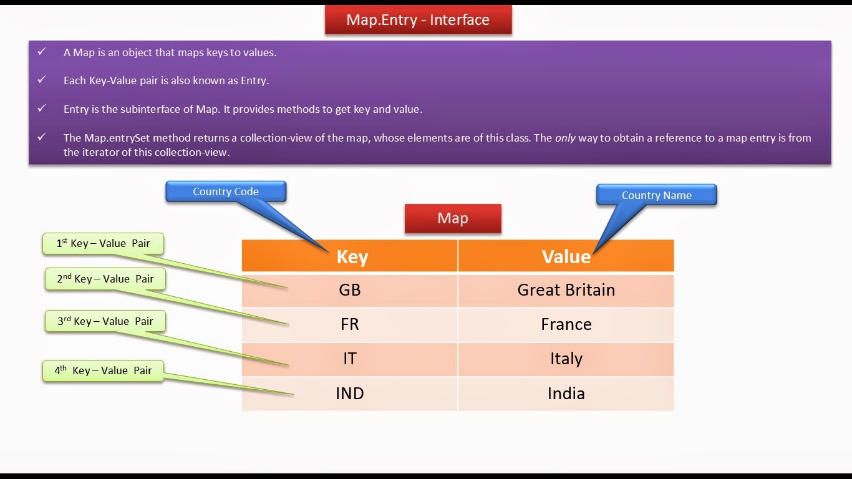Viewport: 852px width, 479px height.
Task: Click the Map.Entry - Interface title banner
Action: (x=418, y=20)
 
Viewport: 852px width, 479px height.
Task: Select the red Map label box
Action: (x=453, y=218)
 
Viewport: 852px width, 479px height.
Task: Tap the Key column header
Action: (x=352, y=257)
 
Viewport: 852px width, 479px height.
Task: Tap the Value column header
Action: (x=566, y=257)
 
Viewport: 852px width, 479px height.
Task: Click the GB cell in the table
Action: (x=350, y=290)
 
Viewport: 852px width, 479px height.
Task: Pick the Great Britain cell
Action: (x=566, y=290)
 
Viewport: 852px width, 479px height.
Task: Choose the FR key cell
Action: (x=350, y=324)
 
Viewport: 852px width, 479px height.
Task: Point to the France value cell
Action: (x=566, y=324)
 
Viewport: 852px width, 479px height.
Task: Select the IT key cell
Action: (x=350, y=359)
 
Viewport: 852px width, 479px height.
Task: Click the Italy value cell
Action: (x=566, y=359)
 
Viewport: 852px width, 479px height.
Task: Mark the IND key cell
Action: (x=350, y=394)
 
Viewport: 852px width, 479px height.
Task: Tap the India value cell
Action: (x=566, y=394)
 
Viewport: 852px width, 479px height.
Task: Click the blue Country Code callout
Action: (x=226, y=191)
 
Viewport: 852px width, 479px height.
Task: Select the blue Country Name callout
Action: (x=656, y=195)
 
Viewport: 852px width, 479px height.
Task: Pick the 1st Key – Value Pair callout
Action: (x=104, y=243)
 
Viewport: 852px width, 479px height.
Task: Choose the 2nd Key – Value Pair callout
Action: (x=105, y=279)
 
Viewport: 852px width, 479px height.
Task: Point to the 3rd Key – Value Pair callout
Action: (x=105, y=321)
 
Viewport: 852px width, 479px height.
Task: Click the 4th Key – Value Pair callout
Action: (x=103, y=370)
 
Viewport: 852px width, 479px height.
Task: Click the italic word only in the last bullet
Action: (x=565, y=138)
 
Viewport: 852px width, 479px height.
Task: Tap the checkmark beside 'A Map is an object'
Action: (x=42, y=52)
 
